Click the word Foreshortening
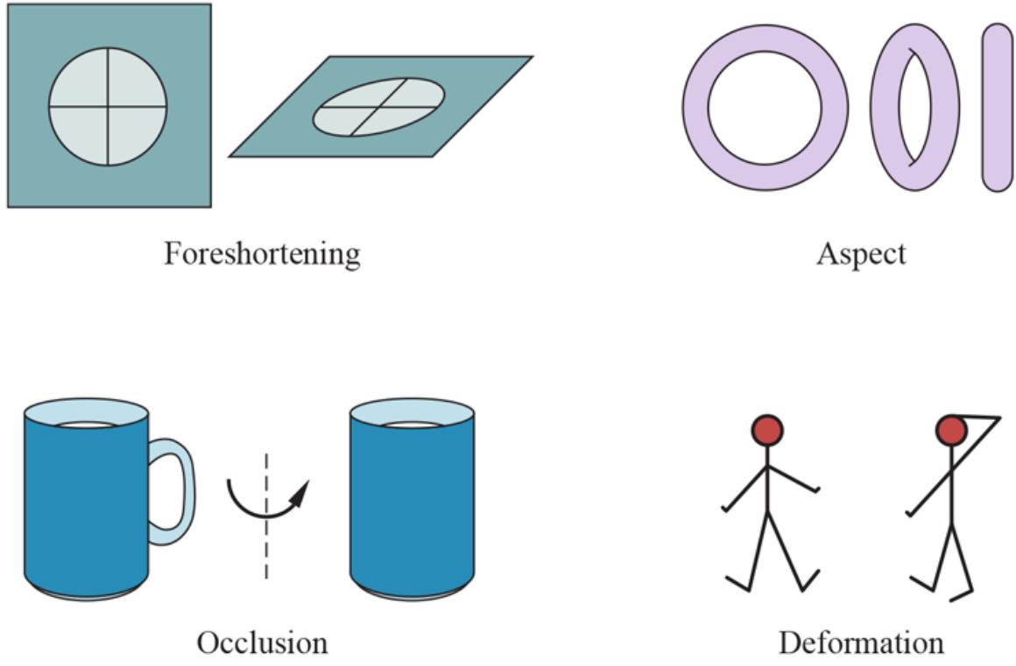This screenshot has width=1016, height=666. tap(262, 254)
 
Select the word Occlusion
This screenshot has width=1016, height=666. tap(262, 642)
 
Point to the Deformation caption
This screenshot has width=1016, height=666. tap(861, 642)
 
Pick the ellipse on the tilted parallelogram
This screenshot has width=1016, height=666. tap(378, 107)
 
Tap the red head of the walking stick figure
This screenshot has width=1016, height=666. tap(767, 430)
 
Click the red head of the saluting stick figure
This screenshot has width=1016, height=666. tap(950, 430)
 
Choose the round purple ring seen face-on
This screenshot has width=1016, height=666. tap(696, 107)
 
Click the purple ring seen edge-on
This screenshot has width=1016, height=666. tap(997, 107)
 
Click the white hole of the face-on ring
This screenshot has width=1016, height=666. tap(765, 107)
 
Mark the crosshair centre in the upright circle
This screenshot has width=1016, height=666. tap(107, 107)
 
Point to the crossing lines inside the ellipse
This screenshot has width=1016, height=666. tap(378, 107)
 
